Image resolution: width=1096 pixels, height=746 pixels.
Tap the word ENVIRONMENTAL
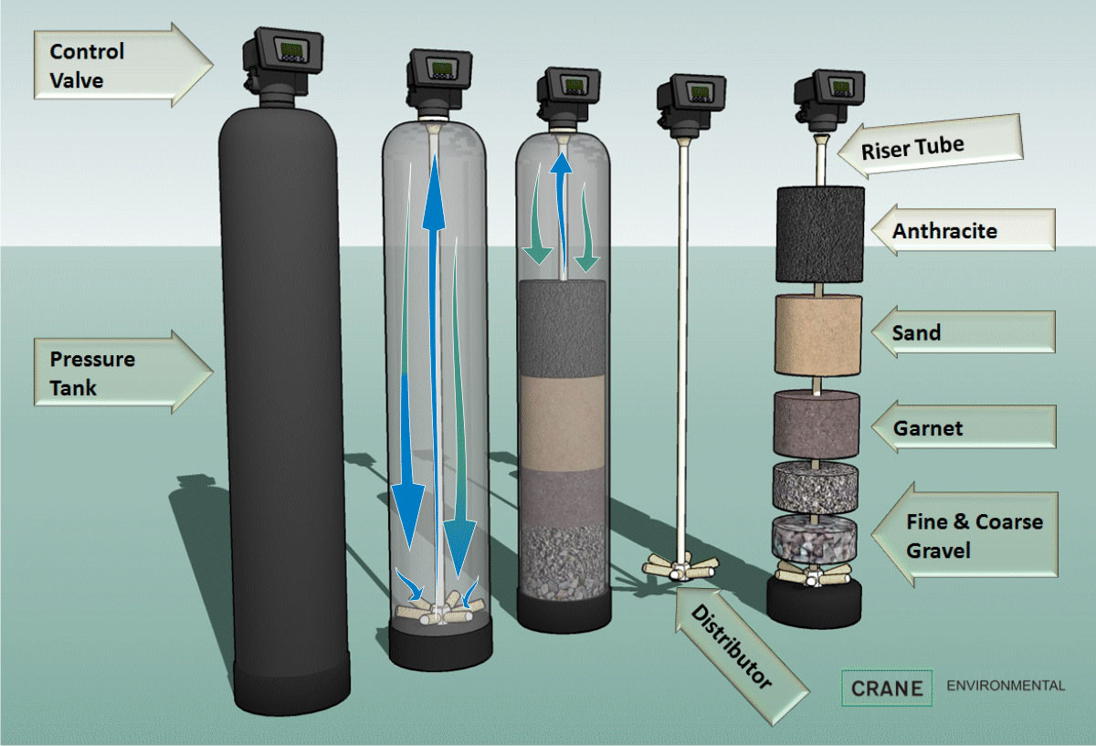click(x=1006, y=686)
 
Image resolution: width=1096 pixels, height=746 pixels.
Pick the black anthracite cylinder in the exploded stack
click(x=819, y=234)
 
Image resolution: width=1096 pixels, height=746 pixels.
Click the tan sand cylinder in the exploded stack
click(x=819, y=334)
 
